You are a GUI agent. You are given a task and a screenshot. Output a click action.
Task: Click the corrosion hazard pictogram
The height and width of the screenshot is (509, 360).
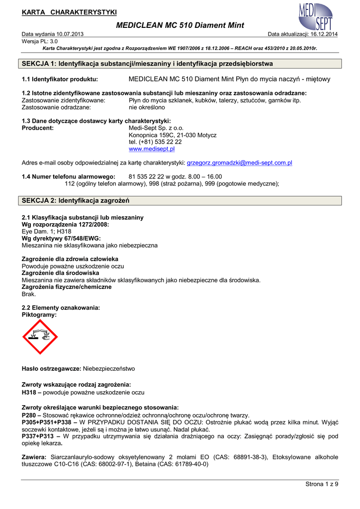(40, 337)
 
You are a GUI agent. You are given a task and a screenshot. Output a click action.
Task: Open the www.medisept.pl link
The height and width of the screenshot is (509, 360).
(152, 149)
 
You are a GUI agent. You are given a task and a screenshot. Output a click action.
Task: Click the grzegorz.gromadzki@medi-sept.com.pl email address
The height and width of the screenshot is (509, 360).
(239, 163)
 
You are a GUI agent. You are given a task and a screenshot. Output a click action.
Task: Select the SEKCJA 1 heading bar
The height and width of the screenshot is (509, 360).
(181, 64)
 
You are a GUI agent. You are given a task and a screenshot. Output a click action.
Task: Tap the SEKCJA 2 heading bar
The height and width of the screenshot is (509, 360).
(181, 201)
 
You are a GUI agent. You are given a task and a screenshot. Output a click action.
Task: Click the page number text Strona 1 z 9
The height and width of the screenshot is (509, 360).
(321, 484)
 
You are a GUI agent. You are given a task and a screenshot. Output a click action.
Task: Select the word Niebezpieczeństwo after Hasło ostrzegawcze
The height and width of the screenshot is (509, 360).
(108, 369)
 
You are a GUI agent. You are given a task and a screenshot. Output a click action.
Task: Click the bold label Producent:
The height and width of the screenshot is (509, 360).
(38, 128)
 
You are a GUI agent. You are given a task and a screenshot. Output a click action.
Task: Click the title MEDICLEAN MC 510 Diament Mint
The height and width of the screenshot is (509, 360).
(180, 25)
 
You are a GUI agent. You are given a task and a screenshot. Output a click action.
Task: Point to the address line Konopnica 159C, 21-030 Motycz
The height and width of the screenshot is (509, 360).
(173, 135)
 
